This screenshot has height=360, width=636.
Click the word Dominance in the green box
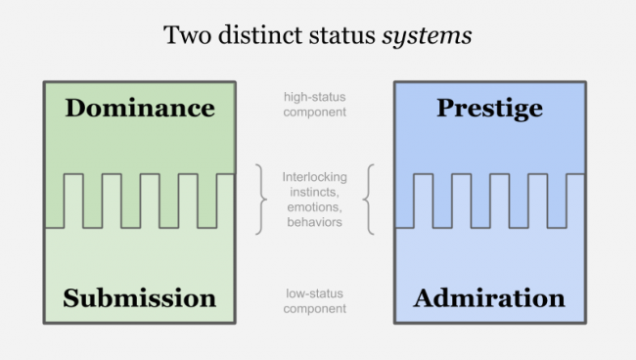coord(140,108)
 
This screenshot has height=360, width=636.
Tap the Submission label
coord(140,298)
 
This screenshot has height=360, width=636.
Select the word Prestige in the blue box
coord(489,108)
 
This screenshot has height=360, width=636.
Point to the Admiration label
coord(489,298)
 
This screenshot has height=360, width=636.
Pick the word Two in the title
coord(184,36)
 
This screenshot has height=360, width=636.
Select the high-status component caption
coord(314,105)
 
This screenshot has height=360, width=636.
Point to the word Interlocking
coord(314,177)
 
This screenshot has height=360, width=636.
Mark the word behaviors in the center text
coord(313,222)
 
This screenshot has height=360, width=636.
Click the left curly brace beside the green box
coord(260,200)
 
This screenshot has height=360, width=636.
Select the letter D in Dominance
coord(75,108)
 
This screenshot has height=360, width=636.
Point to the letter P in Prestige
coord(444,108)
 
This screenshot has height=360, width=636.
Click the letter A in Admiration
coord(424,298)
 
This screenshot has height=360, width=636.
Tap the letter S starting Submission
coord(70,298)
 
